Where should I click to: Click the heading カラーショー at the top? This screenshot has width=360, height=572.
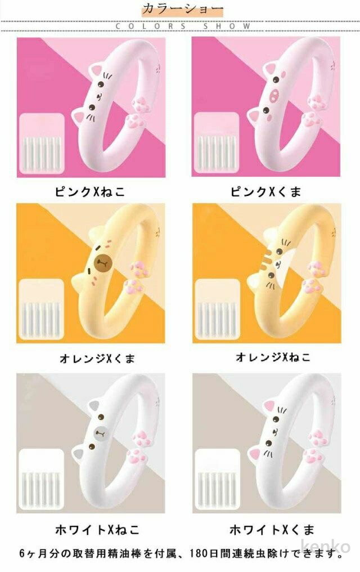click(182, 9)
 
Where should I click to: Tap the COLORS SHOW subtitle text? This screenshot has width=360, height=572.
click(183, 26)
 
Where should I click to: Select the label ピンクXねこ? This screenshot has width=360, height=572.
click(89, 191)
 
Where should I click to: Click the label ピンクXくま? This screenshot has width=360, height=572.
click(266, 191)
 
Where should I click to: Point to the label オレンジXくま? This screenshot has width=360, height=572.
click(97, 359)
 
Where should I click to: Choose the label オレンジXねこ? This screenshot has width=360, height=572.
click(273, 357)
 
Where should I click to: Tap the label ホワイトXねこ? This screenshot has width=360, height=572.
click(97, 530)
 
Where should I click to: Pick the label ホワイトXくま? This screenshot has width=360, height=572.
click(272, 530)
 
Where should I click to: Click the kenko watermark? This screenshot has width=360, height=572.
click(326, 546)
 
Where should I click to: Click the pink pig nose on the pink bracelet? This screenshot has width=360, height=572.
click(274, 95)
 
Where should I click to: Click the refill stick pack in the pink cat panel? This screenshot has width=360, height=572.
click(41, 144)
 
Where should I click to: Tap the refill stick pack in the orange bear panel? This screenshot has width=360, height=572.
click(41, 309)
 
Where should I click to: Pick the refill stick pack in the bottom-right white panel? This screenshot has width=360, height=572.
click(218, 479)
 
